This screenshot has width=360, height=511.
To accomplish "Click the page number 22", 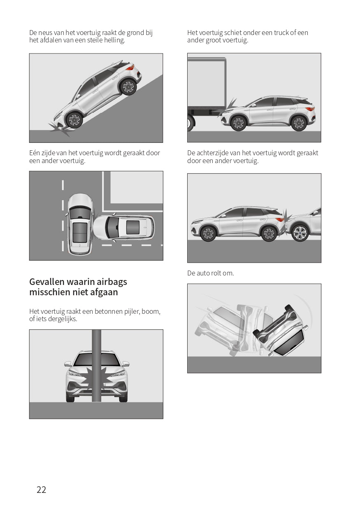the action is click(x=41, y=490).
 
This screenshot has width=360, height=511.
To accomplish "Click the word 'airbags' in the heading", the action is click(x=112, y=282).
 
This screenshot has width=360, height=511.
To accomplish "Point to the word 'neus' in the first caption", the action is click(x=46, y=33).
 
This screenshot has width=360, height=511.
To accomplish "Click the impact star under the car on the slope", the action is click(x=60, y=130).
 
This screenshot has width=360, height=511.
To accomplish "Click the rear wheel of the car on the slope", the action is click(x=128, y=87).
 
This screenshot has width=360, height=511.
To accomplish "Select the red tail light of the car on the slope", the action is click(x=130, y=67).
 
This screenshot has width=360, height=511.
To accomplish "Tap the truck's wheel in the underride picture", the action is click(x=190, y=123).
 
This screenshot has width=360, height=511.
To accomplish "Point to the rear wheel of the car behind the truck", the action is click(x=299, y=123).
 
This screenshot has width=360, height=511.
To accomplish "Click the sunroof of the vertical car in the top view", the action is click(x=79, y=233).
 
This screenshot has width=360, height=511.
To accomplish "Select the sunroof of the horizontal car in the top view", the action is click(x=133, y=227).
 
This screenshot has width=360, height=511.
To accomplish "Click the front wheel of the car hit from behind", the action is click(x=208, y=233).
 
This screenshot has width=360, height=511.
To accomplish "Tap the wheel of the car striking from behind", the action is click(x=300, y=233).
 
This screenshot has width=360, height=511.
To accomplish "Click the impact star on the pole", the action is click(x=96, y=378).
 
